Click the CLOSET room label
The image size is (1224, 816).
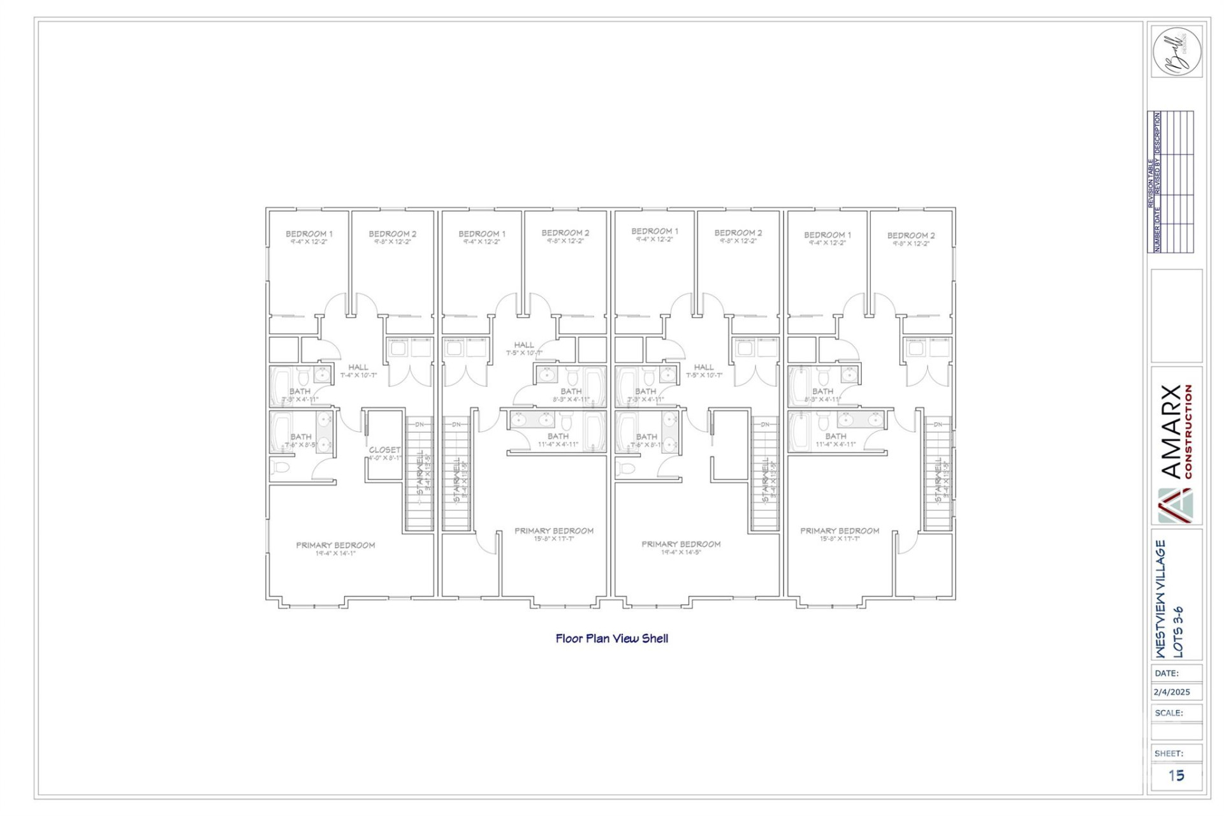[384, 449]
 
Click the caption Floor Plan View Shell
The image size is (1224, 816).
[611, 639]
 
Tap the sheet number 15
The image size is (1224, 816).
[1176, 776]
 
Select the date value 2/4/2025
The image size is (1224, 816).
[1172, 692]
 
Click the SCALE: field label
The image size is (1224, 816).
[1169, 713]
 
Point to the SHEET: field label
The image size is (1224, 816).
[1169, 754]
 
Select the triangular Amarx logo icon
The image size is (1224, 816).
[1175, 506]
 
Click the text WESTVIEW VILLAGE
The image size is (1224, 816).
[1161, 599]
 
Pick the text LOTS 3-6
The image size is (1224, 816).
[1178, 631]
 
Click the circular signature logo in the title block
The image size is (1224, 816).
[1176, 52]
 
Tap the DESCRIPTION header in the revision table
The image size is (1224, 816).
[1158, 133]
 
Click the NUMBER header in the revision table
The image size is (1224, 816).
[1158, 238]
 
